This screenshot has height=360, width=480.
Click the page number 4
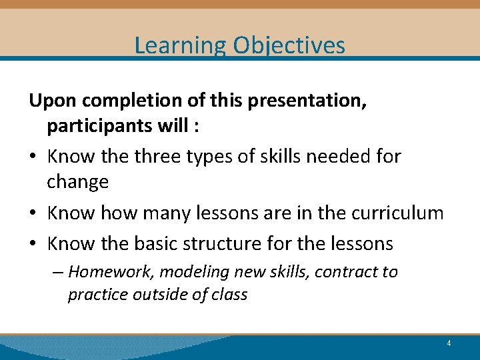(449, 343)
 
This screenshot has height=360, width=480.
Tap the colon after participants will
(196, 127)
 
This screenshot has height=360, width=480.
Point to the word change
(77, 183)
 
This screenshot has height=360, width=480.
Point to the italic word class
(229, 295)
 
